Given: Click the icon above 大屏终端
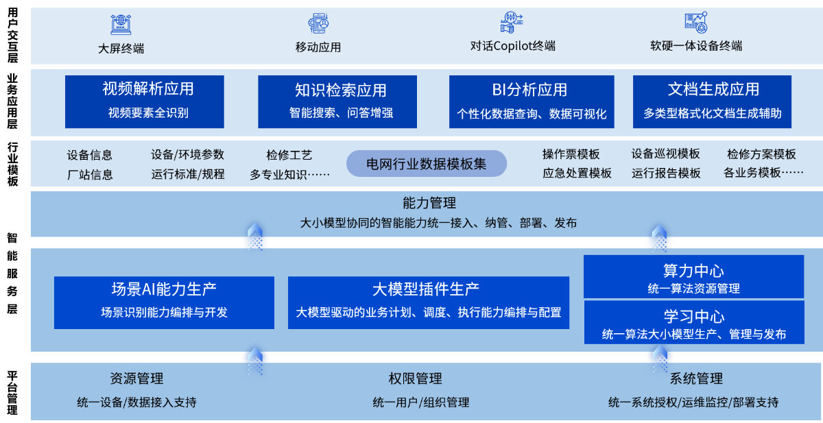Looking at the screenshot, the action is (x=121, y=24).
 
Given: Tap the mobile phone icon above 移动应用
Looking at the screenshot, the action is (x=318, y=23).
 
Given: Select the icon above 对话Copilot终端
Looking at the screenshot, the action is (x=512, y=23).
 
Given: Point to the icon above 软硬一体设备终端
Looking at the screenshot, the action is (x=696, y=23).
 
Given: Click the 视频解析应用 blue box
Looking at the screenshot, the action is (x=145, y=101).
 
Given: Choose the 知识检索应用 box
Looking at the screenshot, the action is (x=337, y=101).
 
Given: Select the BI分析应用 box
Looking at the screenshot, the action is (x=532, y=101).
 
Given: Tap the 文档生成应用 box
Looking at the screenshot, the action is (x=712, y=101).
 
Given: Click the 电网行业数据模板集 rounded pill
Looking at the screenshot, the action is (x=427, y=163).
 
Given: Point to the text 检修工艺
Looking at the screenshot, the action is (x=289, y=155).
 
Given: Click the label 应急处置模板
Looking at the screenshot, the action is (x=577, y=173).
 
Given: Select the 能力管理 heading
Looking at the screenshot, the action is (x=429, y=203).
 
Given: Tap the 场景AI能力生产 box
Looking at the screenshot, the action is (x=164, y=302).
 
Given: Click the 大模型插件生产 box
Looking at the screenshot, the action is (x=429, y=302).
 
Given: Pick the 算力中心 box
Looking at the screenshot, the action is (x=693, y=276).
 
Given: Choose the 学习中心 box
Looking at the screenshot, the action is (x=694, y=322).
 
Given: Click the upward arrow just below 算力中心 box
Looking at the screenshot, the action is (x=660, y=360).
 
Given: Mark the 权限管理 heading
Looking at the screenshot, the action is (x=415, y=378).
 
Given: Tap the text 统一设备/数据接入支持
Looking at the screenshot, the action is (x=136, y=402).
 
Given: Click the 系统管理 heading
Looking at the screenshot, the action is (x=696, y=378).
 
